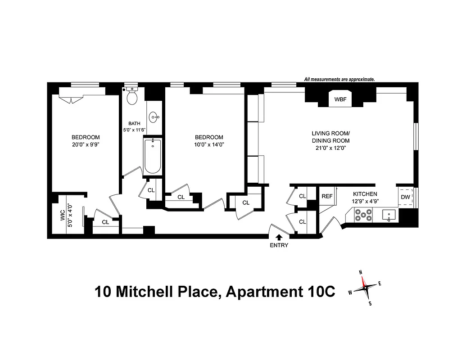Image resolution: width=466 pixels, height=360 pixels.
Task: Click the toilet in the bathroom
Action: [x=132, y=97]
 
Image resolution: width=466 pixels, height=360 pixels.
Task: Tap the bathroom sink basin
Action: [x=155, y=117]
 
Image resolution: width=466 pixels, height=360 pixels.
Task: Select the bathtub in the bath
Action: [x=153, y=156]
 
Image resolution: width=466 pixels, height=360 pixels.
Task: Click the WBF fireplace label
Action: [x=340, y=99]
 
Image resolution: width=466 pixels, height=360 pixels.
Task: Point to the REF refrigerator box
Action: [x=326, y=196]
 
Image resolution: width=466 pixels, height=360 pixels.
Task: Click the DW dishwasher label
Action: [x=405, y=197]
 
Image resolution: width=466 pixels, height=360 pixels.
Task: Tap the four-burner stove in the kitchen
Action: [x=363, y=216]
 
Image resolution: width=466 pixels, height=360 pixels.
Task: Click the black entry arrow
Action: [x=279, y=237]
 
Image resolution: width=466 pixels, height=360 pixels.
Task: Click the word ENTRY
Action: [x=279, y=246]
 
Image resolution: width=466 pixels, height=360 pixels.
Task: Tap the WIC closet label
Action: [x=63, y=215]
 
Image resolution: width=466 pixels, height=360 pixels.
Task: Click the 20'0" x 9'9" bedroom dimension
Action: [x=85, y=145]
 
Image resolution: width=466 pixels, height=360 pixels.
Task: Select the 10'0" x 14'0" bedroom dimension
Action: [x=208, y=145]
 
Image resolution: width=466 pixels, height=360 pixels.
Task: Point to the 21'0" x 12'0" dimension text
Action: [x=330, y=148]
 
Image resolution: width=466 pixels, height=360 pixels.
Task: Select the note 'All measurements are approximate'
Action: [x=339, y=79]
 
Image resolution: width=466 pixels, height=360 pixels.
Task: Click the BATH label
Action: [x=134, y=123]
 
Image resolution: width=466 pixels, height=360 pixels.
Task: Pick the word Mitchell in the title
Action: [x=145, y=292]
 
